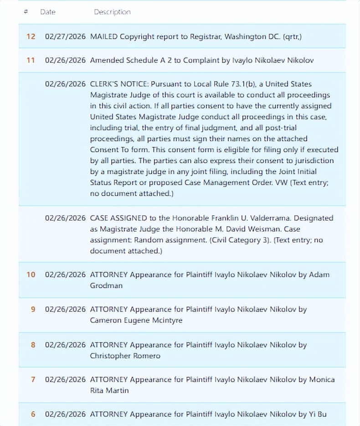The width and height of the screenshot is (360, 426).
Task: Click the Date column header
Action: pyautogui.click(x=48, y=12)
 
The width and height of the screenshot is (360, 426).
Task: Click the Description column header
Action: pyautogui.click(x=112, y=12)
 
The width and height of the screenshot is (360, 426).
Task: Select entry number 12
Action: pyautogui.click(x=31, y=36)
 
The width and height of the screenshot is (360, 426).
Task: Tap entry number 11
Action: pyautogui.click(x=31, y=60)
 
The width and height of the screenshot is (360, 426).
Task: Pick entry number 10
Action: pyautogui.click(x=31, y=275)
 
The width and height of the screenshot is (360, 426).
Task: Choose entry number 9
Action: pyautogui.click(x=33, y=309)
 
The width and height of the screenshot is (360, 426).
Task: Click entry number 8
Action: pyautogui.click(x=33, y=345)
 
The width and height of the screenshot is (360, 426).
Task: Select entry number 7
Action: pyautogui.click(x=33, y=379)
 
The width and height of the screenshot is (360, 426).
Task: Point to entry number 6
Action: pyautogui.click(x=33, y=414)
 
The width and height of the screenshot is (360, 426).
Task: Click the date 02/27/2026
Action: pyautogui.click(x=65, y=36)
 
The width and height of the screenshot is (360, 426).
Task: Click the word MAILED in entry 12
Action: pyautogui.click(x=104, y=36)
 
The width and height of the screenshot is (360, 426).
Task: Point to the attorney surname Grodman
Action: pyautogui.click(x=106, y=286)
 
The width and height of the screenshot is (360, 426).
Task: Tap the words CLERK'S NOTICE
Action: pyautogui.click(x=118, y=84)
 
